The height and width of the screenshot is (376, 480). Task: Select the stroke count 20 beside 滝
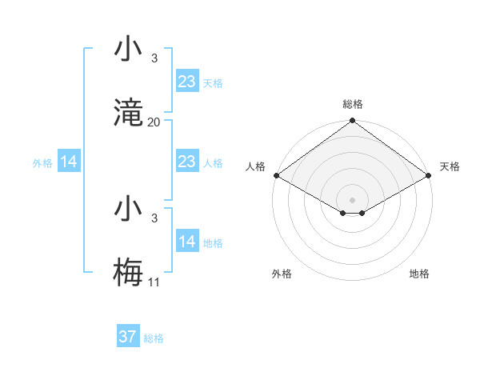click(x=154, y=122)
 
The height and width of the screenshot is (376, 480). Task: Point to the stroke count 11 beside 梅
click(x=154, y=282)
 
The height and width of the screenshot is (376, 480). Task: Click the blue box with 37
click(x=127, y=337)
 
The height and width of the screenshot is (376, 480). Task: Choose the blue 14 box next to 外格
click(x=69, y=162)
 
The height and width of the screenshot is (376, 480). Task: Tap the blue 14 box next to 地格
click(x=186, y=242)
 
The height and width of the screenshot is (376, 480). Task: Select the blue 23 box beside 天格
click(x=186, y=82)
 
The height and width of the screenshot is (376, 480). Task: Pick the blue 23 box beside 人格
click(x=186, y=162)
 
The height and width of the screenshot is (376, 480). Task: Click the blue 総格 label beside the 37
click(x=154, y=338)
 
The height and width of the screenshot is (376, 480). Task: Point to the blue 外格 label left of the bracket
click(x=42, y=163)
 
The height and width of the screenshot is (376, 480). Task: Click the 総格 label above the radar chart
click(x=352, y=104)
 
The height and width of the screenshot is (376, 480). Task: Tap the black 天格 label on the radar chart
click(x=450, y=166)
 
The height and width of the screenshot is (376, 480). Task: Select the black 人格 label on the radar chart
click(x=255, y=166)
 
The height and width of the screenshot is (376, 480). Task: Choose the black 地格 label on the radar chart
click(x=419, y=274)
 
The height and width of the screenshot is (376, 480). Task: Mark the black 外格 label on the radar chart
click(x=282, y=274)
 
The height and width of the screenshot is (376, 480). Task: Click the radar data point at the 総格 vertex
click(x=352, y=122)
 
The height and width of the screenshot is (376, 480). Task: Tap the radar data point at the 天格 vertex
click(x=430, y=175)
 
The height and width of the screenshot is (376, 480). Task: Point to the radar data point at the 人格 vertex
click(x=275, y=175)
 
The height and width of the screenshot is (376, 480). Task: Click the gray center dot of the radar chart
click(x=352, y=199)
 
